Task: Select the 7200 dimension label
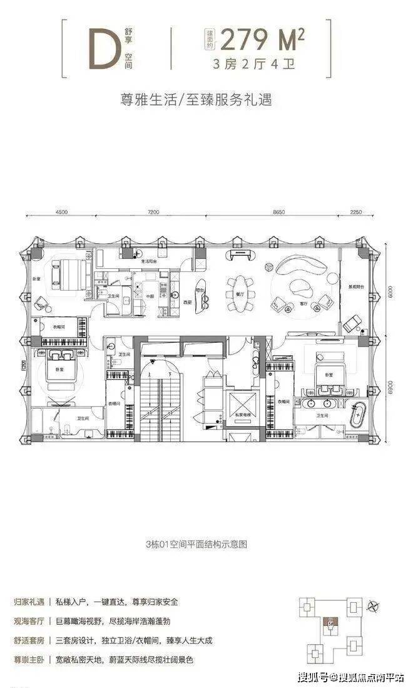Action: pyautogui.click(x=155, y=212)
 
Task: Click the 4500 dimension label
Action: pyautogui.click(x=61, y=212)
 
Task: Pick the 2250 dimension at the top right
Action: pyautogui.click(x=357, y=212)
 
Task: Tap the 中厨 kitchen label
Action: pyautogui.click(x=150, y=297)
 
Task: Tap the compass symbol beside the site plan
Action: pyautogui.click(x=374, y=605)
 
